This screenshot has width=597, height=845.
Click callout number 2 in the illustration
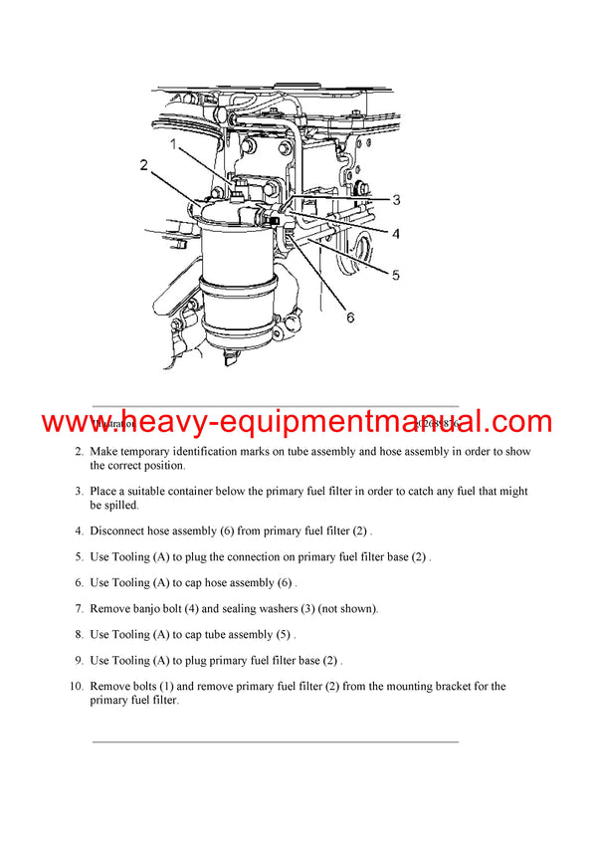pyautogui.click(x=144, y=165)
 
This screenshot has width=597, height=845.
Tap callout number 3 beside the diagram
pyautogui.click(x=395, y=200)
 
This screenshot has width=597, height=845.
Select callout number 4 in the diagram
pyautogui.click(x=395, y=234)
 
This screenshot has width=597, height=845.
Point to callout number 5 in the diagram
pyautogui.click(x=395, y=275)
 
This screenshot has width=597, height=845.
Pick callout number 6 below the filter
pyautogui.click(x=349, y=317)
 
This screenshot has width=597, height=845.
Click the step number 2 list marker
pyautogui.click(x=79, y=452)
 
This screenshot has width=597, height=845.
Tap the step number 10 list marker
pyautogui.click(x=76, y=687)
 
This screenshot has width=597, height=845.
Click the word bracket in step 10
pyautogui.click(x=450, y=687)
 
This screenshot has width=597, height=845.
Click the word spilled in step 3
pyautogui.click(x=109, y=505)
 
